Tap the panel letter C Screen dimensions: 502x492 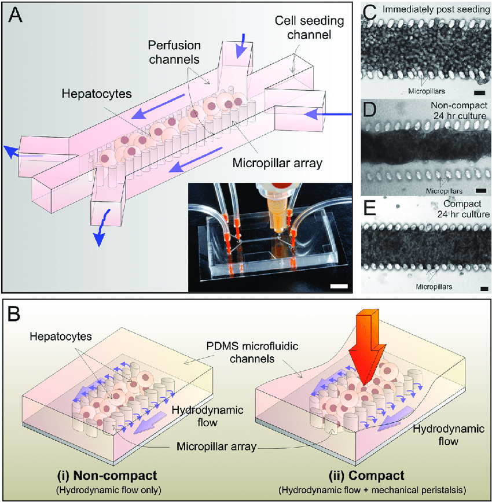tap(370, 11)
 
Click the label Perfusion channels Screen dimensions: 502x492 tap(177, 51)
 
